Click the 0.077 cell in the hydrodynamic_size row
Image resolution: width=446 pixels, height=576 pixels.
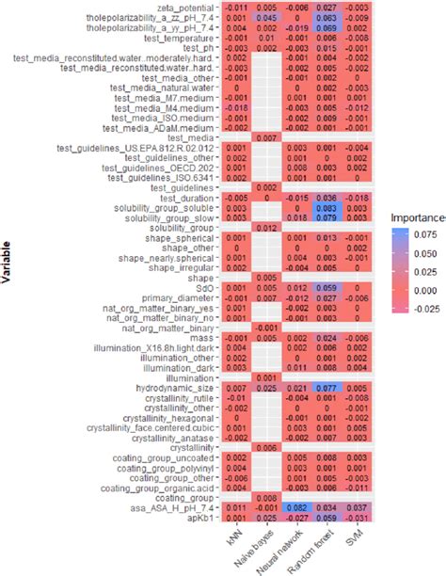tap(326, 387)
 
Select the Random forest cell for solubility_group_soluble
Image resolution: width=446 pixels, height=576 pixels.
tap(326, 207)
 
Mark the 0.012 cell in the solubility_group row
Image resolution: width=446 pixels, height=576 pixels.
tap(266, 230)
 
